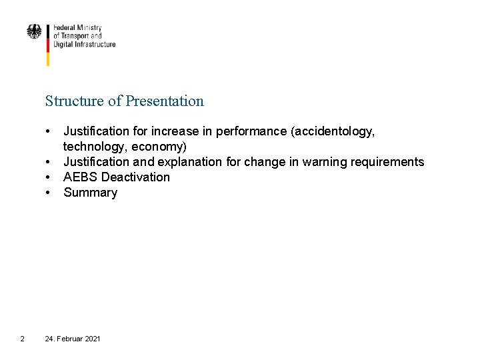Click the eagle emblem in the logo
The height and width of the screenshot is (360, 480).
pyautogui.click(x=33, y=31)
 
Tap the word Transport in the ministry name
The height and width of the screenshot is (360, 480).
pyautogui.click(x=77, y=36)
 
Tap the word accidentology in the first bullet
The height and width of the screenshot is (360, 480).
pyautogui.click(x=334, y=131)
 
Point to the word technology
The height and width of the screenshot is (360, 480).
pyautogui.click(x=94, y=147)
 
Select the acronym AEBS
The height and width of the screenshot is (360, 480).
pyautogui.click(x=81, y=177)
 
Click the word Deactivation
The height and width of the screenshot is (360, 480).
pyautogui.click(x=135, y=177)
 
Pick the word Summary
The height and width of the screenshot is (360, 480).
pyautogui.click(x=90, y=193)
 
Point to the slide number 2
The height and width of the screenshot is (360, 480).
pyautogui.click(x=22, y=339)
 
